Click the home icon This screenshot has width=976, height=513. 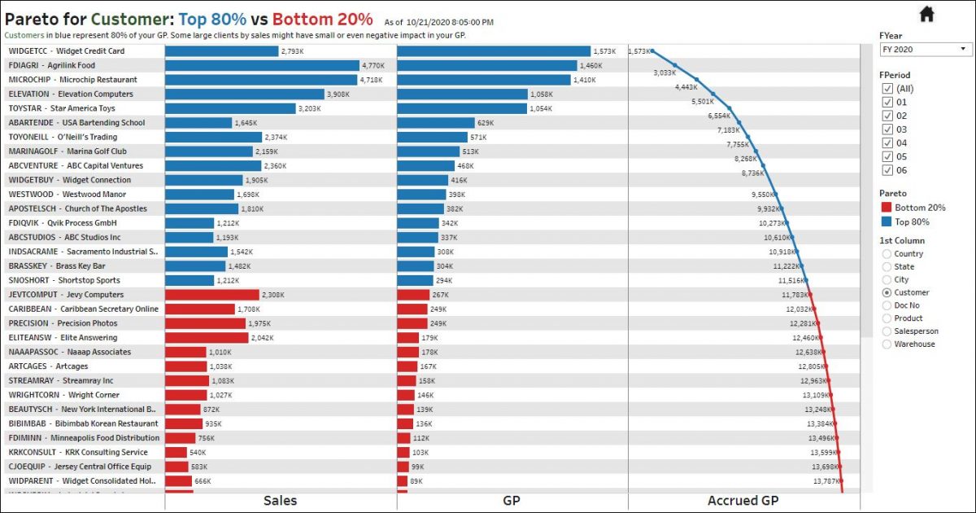(926, 14)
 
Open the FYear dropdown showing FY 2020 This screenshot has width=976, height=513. (926, 50)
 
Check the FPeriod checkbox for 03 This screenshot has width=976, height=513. (887, 129)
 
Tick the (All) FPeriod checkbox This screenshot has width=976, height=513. (887, 89)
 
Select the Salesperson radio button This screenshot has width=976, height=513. (887, 331)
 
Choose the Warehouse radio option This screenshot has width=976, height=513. (887, 344)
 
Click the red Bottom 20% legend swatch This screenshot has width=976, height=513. (886, 208)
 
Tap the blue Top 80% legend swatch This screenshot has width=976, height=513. (886, 222)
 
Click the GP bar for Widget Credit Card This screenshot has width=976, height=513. (494, 51)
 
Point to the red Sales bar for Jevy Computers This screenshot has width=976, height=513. (212, 295)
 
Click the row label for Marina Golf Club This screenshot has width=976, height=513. (68, 151)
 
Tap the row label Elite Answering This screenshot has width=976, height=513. (63, 338)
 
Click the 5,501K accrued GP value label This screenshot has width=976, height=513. (702, 102)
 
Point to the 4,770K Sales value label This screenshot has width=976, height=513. (373, 66)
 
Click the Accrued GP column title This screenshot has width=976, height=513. (743, 501)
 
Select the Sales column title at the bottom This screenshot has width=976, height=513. (280, 501)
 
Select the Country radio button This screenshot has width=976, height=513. (887, 254)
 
